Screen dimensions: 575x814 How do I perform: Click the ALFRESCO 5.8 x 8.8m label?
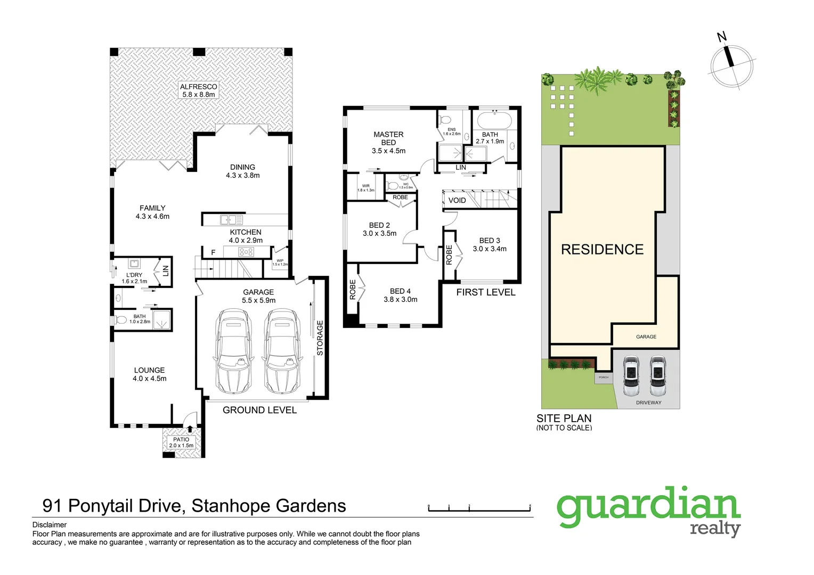pyautogui.click(x=199, y=91)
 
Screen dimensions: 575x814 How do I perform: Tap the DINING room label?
pyautogui.click(x=242, y=171)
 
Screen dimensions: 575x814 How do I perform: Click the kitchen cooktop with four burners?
pyautogui.click(x=246, y=252)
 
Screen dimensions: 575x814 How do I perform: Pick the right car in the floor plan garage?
pyautogui.click(x=281, y=352)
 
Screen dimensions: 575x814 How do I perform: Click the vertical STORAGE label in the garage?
pyautogui.click(x=320, y=338)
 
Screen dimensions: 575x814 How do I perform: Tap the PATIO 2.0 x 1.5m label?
pyautogui.click(x=181, y=442)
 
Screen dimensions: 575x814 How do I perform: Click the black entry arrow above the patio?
pyautogui.click(x=190, y=429)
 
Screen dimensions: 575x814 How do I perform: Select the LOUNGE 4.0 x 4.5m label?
pyautogui.click(x=149, y=374)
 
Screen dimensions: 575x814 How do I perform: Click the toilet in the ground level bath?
pyautogui.click(x=120, y=320)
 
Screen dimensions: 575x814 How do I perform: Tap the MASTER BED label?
pyautogui.click(x=388, y=142)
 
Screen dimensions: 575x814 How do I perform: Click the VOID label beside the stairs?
pyautogui.click(x=457, y=200)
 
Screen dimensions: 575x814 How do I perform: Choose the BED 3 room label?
pyautogui.click(x=490, y=244)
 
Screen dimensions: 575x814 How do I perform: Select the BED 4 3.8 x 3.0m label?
pyautogui.click(x=400, y=295)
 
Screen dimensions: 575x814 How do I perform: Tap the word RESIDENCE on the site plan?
pyautogui.click(x=602, y=249)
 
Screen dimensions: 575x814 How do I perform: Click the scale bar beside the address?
pyautogui.click(x=479, y=508)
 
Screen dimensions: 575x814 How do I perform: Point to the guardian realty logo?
pyautogui.click(x=649, y=511)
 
